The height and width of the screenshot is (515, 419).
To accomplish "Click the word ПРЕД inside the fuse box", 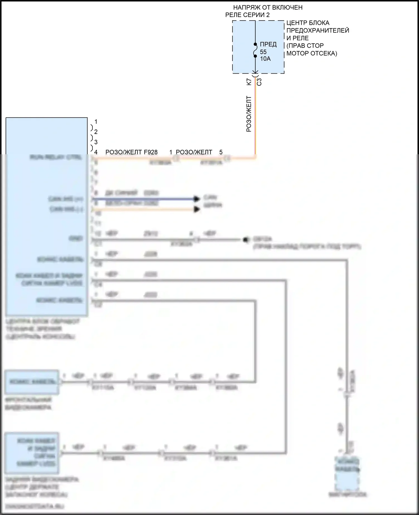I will point(268,44).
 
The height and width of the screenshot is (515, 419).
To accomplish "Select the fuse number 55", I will point(263,52).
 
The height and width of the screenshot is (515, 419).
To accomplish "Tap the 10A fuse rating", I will point(265,59).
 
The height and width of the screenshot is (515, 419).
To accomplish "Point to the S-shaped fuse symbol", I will point(255,50).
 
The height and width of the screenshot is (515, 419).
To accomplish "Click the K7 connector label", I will point(249,82).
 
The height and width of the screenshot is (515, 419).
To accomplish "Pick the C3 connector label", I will point(259,82).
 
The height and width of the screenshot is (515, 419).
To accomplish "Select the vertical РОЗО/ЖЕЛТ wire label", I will point(249,114).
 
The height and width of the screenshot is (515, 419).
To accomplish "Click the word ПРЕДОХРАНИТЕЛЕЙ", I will point(318,30).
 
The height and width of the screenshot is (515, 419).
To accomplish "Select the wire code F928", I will point(151,152).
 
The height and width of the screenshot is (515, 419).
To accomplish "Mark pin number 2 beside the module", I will point(96,132).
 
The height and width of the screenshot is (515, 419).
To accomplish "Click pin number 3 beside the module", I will point(96,142).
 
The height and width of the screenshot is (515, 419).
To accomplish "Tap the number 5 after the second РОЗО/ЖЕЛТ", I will point(221,152).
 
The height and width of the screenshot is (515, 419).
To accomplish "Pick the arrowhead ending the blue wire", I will point(197,199).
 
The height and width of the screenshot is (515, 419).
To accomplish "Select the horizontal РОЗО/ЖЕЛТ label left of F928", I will point(124,152).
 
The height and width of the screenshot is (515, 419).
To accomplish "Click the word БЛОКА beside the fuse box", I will point(319,23).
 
